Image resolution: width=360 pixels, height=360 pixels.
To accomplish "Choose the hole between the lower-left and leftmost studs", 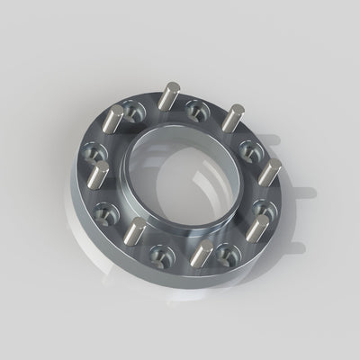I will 106,213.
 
